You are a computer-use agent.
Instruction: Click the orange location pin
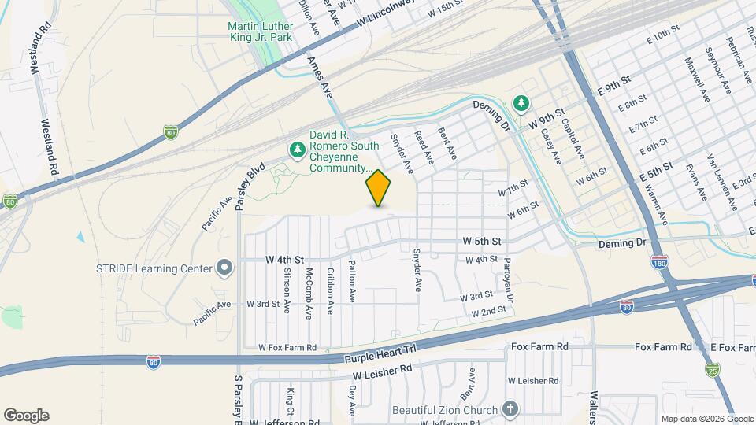[379, 187]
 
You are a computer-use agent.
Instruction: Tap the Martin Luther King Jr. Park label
[259, 31]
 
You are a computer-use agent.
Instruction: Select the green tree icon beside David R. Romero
[297, 149]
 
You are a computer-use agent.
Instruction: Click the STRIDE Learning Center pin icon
[224, 268]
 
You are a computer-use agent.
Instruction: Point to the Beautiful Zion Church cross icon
[510, 409]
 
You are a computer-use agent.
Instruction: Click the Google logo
[26, 416]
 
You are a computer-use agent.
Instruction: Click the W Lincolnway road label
[385, 15]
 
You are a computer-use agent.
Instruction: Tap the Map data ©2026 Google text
[706, 418]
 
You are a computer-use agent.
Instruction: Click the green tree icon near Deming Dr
[521, 102]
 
